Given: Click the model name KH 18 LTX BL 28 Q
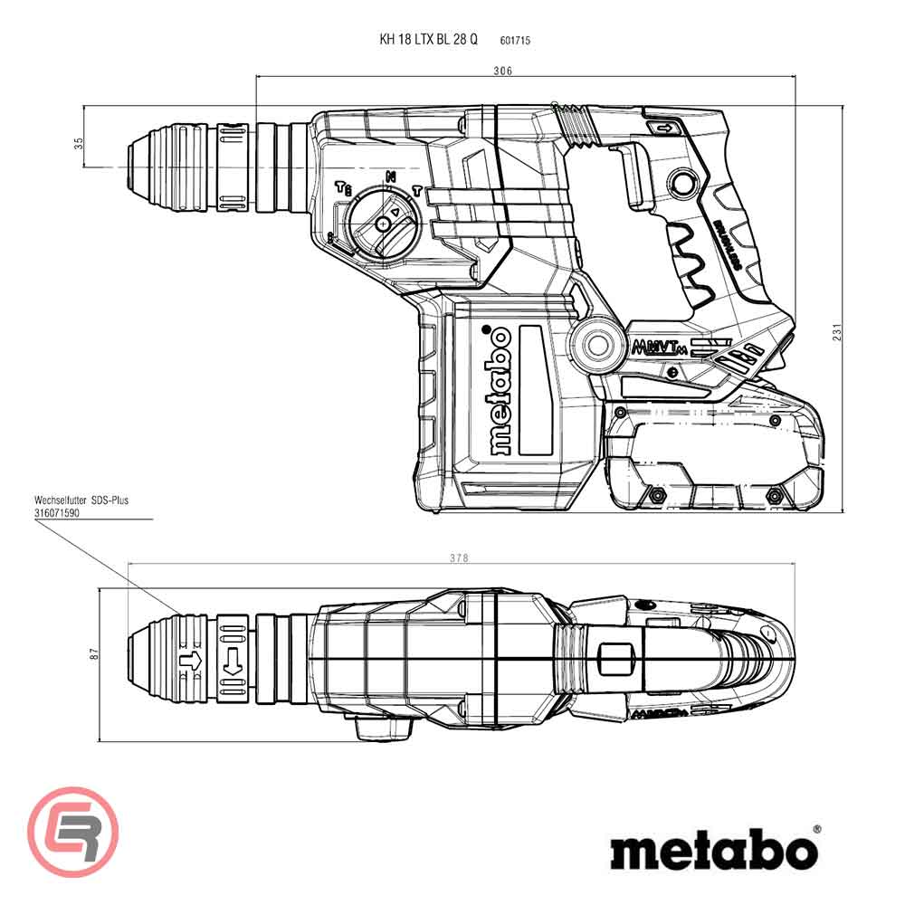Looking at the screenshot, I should [x=428, y=40].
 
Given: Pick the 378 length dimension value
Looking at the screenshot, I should [x=460, y=558].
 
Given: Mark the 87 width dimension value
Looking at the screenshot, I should [x=91, y=653].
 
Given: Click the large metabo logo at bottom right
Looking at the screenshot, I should [x=712, y=852].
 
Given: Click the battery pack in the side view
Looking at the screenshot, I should [x=715, y=457].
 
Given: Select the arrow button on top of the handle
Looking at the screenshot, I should [x=664, y=129].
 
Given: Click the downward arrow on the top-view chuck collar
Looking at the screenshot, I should [x=231, y=662].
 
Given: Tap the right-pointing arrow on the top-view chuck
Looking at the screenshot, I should [x=191, y=662].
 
